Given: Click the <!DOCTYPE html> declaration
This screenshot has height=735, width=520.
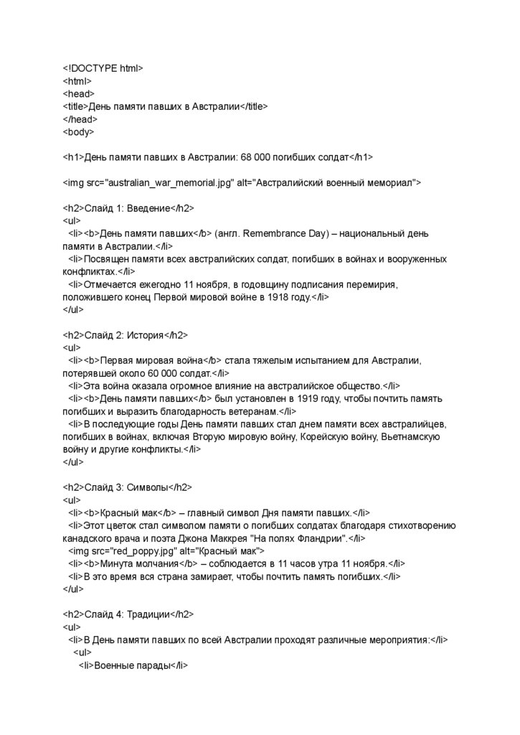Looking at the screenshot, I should click(x=103, y=68).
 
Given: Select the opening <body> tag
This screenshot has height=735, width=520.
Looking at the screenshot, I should click(x=78, y=132).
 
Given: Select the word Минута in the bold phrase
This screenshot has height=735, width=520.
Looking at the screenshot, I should click(x=118, y=563).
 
